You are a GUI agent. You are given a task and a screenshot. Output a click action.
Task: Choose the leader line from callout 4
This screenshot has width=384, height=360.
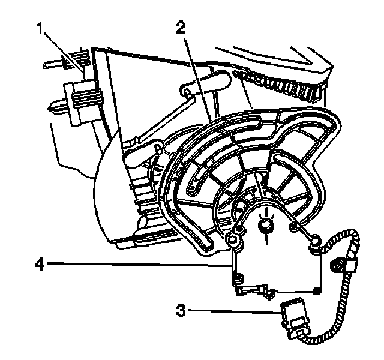138,263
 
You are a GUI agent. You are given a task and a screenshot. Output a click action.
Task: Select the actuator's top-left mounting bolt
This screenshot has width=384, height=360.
235,242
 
